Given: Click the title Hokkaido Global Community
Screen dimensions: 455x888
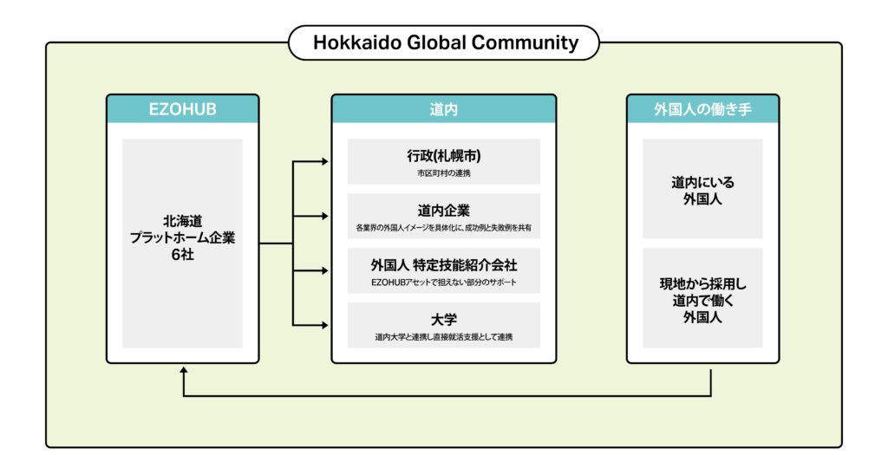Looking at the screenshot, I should pos(444,42).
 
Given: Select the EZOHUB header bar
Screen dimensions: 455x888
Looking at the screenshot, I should pos(182,109).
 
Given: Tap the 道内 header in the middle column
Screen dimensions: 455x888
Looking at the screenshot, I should pos(443,109).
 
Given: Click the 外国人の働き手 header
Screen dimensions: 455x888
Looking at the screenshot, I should pos(702,109).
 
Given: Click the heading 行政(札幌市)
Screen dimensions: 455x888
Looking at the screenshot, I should pos(443,156).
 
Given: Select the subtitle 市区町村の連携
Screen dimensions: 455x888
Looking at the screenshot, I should pos(443,173).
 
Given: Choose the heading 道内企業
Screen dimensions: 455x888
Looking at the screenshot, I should pos(443,210).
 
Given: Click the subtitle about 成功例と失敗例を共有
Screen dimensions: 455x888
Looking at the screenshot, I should pos(443,228).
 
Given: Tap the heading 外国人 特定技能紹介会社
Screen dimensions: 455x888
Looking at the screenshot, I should pos(443,264).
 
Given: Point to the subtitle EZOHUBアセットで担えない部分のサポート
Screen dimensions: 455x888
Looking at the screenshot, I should pos(443,283).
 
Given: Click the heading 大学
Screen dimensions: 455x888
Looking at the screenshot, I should pos(443,318).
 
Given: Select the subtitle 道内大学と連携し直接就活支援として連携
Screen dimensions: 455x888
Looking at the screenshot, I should pos(443,336).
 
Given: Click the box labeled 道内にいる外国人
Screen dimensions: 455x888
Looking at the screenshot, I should pos(702,190).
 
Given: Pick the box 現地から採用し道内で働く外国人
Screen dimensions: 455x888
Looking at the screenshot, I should pos(702,297).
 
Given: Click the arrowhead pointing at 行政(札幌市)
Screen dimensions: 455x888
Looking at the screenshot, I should pos(324,162).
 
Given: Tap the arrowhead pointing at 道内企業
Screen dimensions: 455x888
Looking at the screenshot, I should pos(324,216).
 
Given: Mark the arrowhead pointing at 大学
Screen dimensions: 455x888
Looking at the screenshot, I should pos(324,325).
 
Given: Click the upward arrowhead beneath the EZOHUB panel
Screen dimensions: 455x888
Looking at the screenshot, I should pos(183,370).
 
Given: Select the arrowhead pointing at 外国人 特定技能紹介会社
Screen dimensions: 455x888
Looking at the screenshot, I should pos(324,270).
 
